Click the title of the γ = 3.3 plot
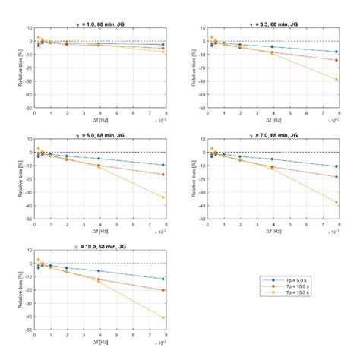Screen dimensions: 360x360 click(x=271, y=23)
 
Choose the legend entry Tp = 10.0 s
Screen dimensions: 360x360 click(x=284, y=287)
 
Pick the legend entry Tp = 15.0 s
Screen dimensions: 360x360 click(x=284, y=294)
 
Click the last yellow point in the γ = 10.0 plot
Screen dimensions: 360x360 click(x=163, y=317)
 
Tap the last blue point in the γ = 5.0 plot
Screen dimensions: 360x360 click(x=163, y=165)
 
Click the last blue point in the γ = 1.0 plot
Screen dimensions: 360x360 click(x=163, y=45)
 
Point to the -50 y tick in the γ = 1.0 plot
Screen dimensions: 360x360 click(x=27, y=108)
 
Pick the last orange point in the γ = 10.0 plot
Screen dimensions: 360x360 click(x=163, y=290)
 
